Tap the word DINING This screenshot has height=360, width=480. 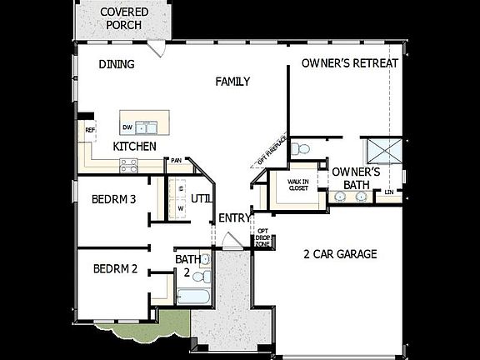[117, 64]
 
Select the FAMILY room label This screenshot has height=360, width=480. [232, 81]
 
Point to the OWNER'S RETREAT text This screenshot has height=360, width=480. [349, 63]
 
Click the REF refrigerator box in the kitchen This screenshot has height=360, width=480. [89, 130]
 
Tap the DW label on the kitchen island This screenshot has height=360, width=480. [127, 127]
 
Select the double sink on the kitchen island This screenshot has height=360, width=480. [147, 127]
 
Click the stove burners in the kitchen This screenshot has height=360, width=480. [129, 166]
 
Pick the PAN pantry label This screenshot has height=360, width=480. [176, 160]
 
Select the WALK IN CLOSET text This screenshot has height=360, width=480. [297, 184]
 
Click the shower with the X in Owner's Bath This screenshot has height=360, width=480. [386, 152]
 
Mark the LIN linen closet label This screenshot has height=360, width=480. [389, 193]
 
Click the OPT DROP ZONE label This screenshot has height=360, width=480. [262, 237]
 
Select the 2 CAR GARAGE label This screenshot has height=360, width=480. [340, 254]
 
